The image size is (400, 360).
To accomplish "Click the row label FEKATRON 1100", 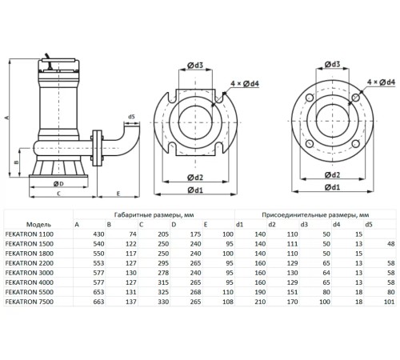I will tap(28, 235).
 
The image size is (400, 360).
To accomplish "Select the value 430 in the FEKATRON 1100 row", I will tap(79, 235).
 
